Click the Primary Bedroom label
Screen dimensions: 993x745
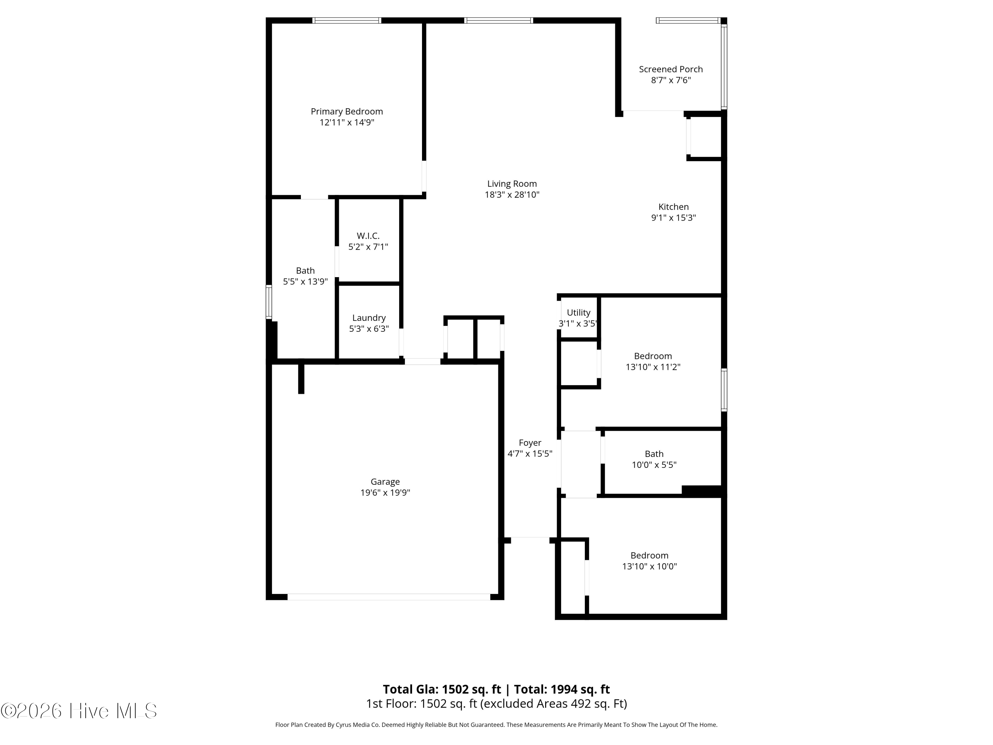pyautogui.click(x=347, y=111)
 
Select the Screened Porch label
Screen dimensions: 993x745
pyautogui.click(x=671, y=69)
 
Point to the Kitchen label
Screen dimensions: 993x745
pyautogui.click(x=673, y=207)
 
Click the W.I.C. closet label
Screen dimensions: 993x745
pyautogui.click(x=368, y=236)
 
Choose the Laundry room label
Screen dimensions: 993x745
pyautogui.click(x=369, y=318)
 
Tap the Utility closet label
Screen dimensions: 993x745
pyautogui.click(x=578, y=313)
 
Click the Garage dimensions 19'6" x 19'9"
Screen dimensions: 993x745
pyautogui.click(x=385, y=493)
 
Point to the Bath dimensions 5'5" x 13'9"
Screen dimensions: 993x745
pyautogui.click(x=305, y=281)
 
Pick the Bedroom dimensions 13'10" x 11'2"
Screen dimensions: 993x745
pyautogui.click(x=653, y=367)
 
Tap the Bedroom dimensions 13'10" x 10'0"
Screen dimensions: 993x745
pyautogui.click(x=649, y=566)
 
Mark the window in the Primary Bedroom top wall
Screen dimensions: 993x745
pyautogui.click(x=347, y=20)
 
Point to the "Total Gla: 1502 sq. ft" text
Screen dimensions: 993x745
pyautogui.click(x=442, y=689)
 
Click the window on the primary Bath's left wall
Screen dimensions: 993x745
pyautogui.click(x=269, y=302)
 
